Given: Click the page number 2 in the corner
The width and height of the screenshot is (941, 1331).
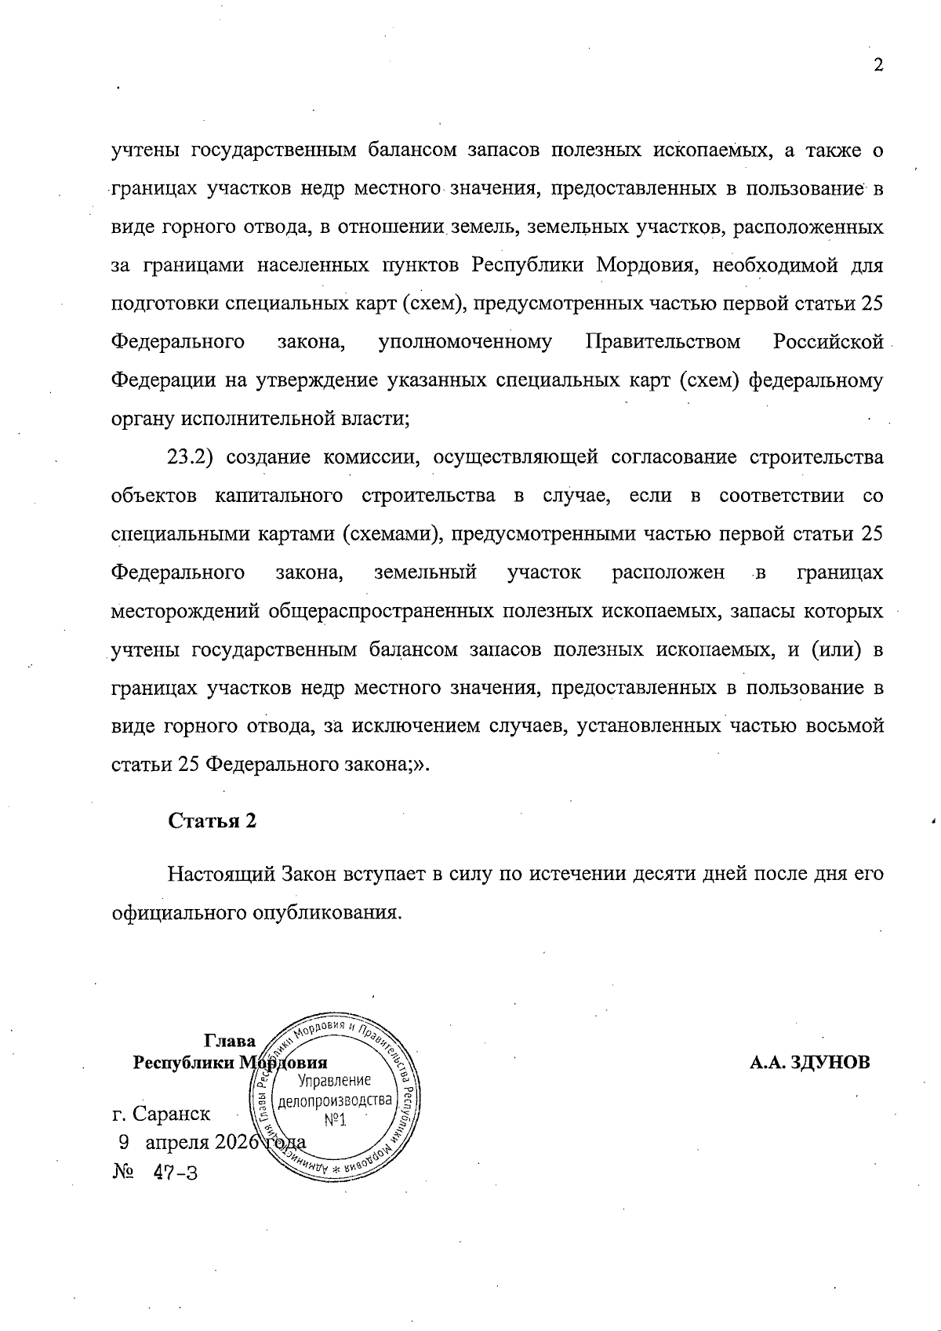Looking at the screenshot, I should click(x=878, y=65).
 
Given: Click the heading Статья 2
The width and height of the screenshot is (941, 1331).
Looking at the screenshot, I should click(x=213, y=821).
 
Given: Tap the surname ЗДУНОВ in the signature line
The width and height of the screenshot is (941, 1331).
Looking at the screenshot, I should click(x=836, y=1063).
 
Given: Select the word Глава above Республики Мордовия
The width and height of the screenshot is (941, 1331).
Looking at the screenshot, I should click(x=229, y=1042).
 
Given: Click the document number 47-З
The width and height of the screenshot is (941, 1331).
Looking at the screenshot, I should click(x=176, y=1173).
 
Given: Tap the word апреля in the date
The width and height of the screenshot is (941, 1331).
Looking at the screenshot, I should click(x=178, y=1142).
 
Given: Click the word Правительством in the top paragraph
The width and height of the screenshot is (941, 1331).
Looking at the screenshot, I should click(x=663, y=342).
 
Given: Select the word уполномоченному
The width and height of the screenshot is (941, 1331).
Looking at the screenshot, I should click(x=464, y=342).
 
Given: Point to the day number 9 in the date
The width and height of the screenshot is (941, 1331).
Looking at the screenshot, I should click(x=123, y=1142).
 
